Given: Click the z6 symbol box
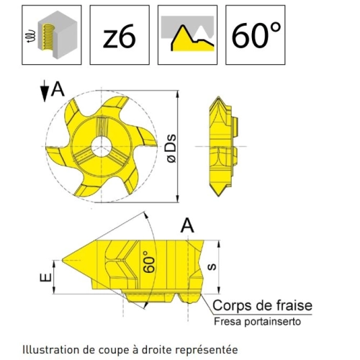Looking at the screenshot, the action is (120, 35).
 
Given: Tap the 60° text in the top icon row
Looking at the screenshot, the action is (256, 35).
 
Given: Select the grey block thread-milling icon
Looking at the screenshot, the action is (52, 35).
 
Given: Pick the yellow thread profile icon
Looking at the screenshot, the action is (187, 35).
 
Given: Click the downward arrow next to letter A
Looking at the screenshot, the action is (45, 91).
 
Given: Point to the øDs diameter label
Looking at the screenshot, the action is (172, 149).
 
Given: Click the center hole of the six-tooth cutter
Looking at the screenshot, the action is (102, 146).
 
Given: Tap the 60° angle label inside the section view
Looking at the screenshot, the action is (149, 262).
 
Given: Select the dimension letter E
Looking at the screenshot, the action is (45, 277).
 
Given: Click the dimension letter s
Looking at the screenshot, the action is (212, 267).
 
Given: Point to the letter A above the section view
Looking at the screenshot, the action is (187, 225).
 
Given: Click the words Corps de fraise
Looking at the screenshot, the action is (262, 305).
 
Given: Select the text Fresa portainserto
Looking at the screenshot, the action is (257, 321).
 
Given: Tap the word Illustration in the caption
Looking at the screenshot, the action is (51, 350).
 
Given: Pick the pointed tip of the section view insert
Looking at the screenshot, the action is (63, 260).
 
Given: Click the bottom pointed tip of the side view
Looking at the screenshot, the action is (218, 196).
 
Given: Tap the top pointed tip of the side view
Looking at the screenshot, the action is (218, 96).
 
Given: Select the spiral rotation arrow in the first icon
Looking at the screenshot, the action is (31, 36).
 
